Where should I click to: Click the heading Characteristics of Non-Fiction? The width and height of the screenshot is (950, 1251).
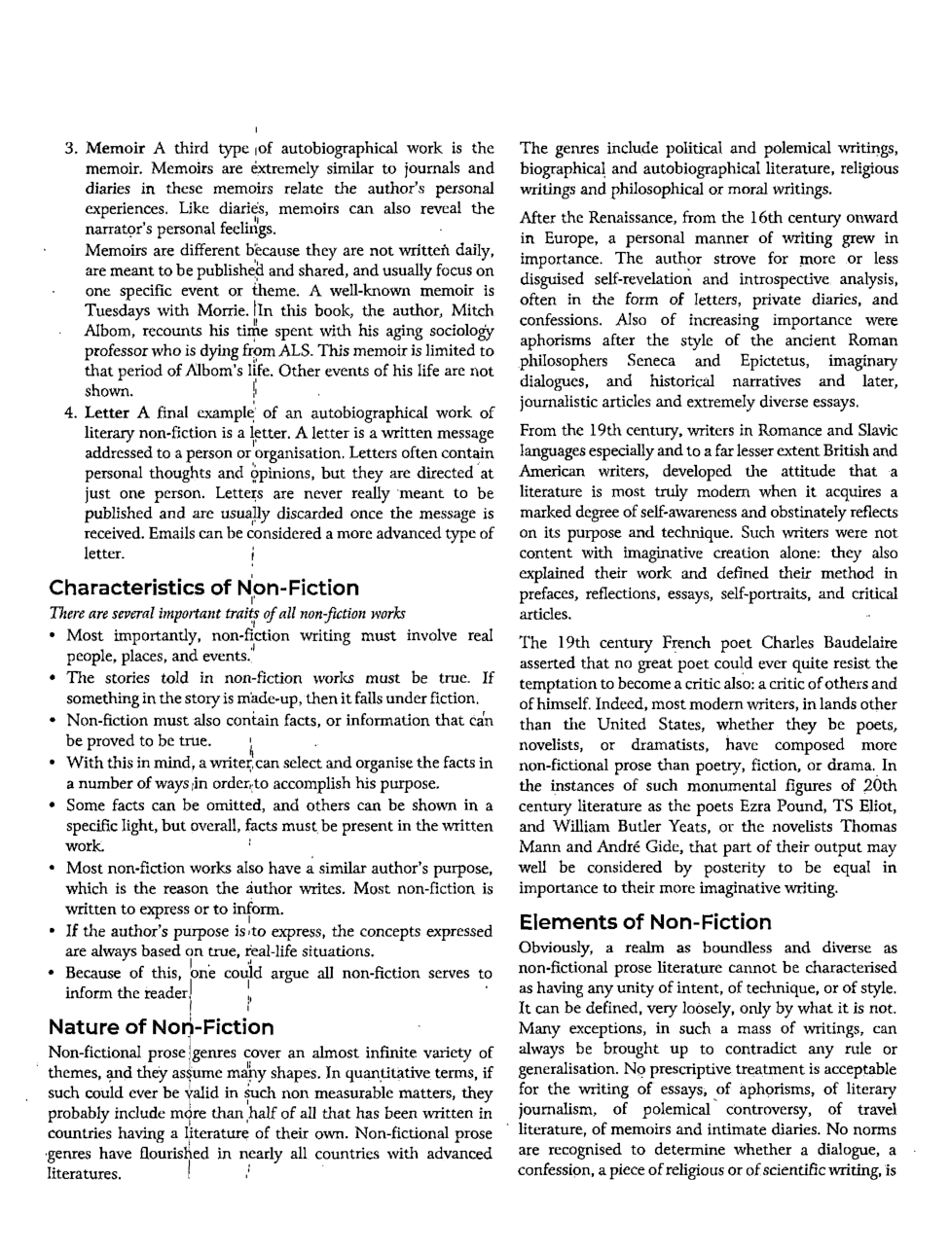pyautogui.click(x=203, y=588)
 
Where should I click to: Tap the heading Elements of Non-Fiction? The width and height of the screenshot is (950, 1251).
pyautogui.click(x=644, y=921)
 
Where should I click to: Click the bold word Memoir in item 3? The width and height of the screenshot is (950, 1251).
pyautogui.click(x=116, y=149)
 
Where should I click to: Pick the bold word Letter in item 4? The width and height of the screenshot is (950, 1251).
pyautogui.click(x=107, y=412)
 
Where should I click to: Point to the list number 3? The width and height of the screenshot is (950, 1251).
pyautogui.click(x=70, y=149)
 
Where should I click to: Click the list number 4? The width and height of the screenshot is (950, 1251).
pyautogui.click(x=70, y=412)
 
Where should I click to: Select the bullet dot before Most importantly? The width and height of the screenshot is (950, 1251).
pyautogui.click(x=52, y=636)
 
